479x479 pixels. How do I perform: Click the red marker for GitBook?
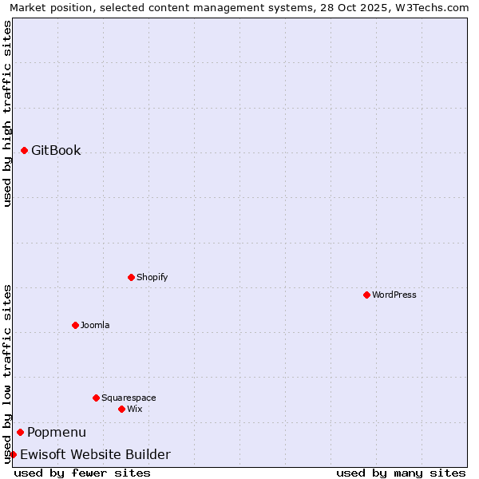(24, 150)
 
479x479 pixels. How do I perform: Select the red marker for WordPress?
(366, 295)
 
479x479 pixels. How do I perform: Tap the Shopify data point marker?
(131, 277)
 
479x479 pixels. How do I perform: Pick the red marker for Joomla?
(75, 325)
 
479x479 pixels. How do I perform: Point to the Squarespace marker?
(96, 398)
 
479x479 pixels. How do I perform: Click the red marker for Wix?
(121, 409)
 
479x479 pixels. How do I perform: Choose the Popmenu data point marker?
(20, 432)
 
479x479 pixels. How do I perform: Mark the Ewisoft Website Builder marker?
(13, 454)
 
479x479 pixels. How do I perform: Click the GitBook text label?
(56, 150)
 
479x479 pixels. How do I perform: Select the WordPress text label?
(394, 295)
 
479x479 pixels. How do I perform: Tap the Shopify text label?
(152, 277)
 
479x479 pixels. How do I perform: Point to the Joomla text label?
(95, 325)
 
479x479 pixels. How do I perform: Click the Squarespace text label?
(129, 398)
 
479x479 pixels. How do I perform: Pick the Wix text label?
(134, 409)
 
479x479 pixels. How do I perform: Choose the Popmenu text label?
(57, 432)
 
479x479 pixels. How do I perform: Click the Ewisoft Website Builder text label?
(95, 454)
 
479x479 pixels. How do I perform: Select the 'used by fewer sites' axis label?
(82, 473)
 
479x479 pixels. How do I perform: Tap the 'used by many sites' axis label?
(401, 473)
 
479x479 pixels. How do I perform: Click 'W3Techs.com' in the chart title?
(433, 7)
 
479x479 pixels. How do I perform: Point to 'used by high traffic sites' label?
(7, 113)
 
